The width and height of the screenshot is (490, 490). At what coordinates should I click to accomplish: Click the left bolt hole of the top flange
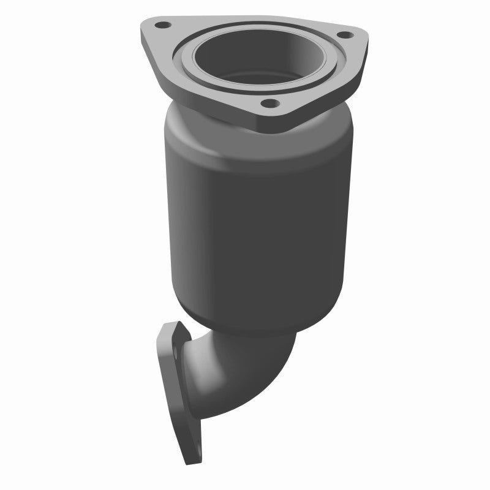click(x=163, y=26)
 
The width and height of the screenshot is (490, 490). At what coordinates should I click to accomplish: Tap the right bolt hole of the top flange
click(x=343, y=35)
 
